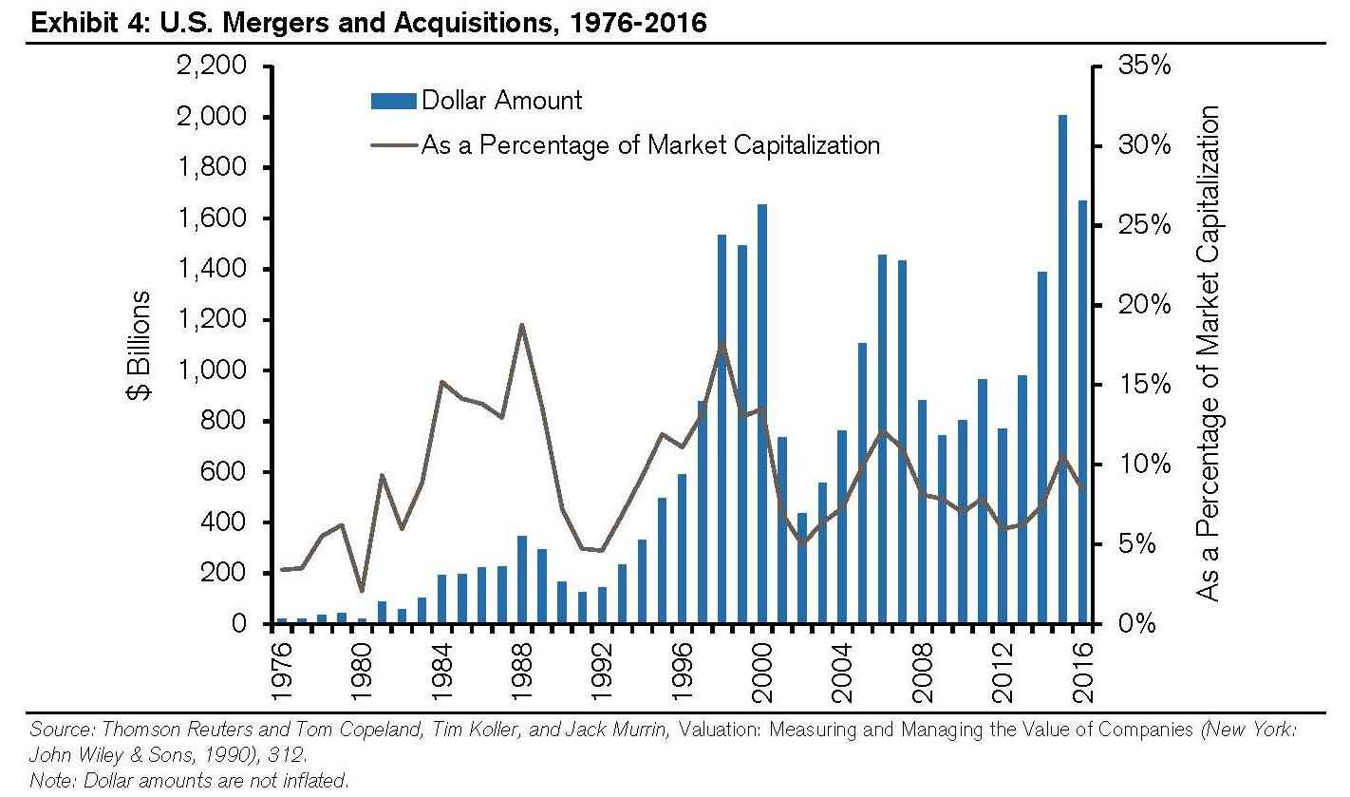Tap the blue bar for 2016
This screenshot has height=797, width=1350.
pos(1082,412)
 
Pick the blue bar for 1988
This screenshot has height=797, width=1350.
pos(521,580)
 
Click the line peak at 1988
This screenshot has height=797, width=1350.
pos(521,325)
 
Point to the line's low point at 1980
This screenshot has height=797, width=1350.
pos(361,591)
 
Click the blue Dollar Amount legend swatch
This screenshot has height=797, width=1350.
pos(391,100)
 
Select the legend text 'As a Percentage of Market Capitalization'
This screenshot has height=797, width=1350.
pos(650,145)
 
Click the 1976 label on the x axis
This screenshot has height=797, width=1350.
pos(282,671)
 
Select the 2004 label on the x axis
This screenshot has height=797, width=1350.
pos(842,671)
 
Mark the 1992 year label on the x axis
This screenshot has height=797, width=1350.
pos(602,671)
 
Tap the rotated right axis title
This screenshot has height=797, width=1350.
pos(1208,351)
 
